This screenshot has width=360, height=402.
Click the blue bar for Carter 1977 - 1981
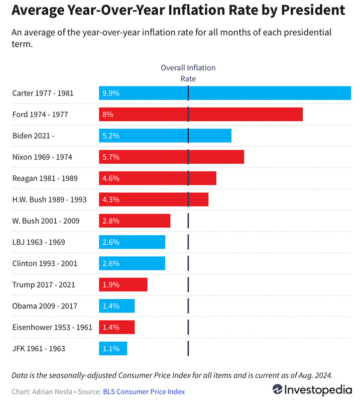225,93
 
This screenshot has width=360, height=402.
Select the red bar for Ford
201,115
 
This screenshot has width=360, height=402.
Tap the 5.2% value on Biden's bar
111,136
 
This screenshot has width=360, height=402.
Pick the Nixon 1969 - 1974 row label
42,157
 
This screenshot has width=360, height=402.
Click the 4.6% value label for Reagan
111,178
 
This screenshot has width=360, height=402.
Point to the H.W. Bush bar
154,199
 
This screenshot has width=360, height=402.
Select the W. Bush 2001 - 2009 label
46,221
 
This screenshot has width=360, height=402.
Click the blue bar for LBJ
132,242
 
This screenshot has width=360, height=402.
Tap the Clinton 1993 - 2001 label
45,263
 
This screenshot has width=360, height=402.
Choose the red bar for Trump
123,284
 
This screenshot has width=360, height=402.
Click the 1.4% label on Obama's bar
111,306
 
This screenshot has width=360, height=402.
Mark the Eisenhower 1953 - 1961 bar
117,327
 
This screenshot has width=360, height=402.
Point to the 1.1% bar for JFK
113,348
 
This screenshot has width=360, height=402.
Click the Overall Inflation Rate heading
188,73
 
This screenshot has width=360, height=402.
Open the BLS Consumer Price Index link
144,392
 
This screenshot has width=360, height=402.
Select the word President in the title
313,10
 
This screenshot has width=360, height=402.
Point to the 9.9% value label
111,93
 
